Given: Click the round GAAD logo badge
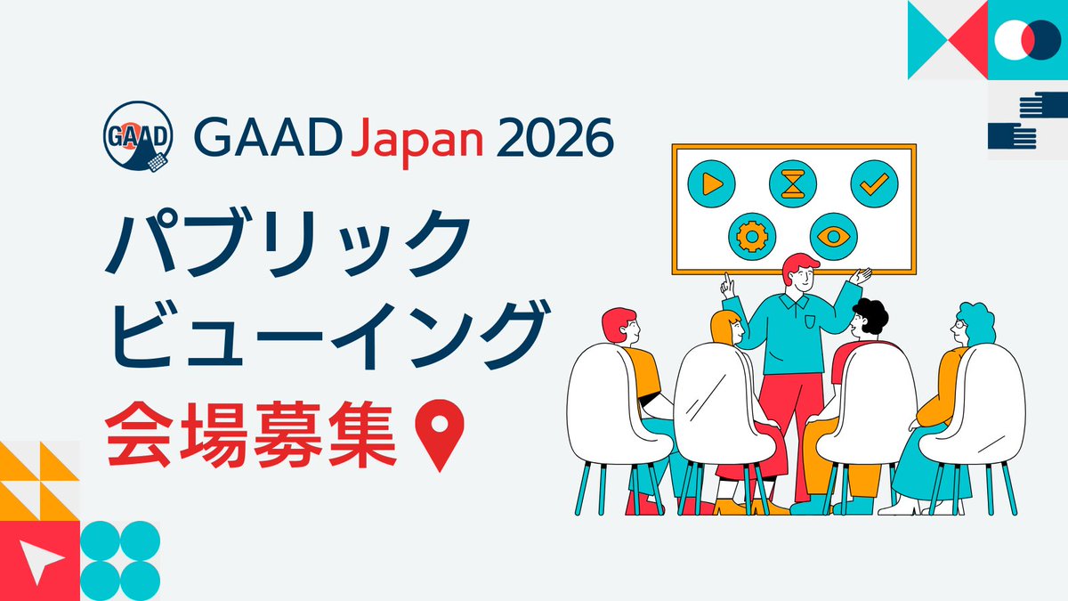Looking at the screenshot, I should (x=136, y=139).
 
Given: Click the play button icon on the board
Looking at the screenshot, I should (x=711, y=183).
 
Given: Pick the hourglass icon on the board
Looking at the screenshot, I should (x=792, y=183).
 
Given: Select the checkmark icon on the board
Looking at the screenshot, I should (x=874, y=183).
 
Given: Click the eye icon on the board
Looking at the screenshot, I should (x=834, y=236).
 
